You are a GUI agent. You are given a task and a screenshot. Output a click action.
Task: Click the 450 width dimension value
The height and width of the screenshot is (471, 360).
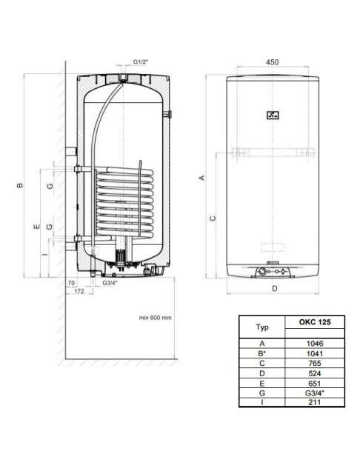(273, 62)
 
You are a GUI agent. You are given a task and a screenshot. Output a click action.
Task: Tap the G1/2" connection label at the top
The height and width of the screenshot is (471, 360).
(141, 62)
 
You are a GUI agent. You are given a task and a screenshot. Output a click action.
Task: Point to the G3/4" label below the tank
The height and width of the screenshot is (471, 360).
(110, 283)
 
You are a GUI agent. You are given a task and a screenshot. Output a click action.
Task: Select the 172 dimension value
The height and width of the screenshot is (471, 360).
(79, 291)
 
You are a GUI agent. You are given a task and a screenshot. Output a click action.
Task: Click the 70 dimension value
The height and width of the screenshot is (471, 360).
(71, 283)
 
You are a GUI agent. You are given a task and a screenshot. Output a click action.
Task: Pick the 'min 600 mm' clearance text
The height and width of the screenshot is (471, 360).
(155, 318)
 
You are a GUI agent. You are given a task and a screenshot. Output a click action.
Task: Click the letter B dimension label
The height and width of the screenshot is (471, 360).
(20, 185)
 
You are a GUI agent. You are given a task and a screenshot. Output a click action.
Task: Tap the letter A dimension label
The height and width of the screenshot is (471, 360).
(202, 178)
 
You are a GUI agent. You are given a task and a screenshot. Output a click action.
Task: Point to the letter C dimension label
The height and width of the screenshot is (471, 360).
(213, 218)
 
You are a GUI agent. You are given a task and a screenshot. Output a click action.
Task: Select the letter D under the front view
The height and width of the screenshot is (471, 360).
(275, 289)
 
